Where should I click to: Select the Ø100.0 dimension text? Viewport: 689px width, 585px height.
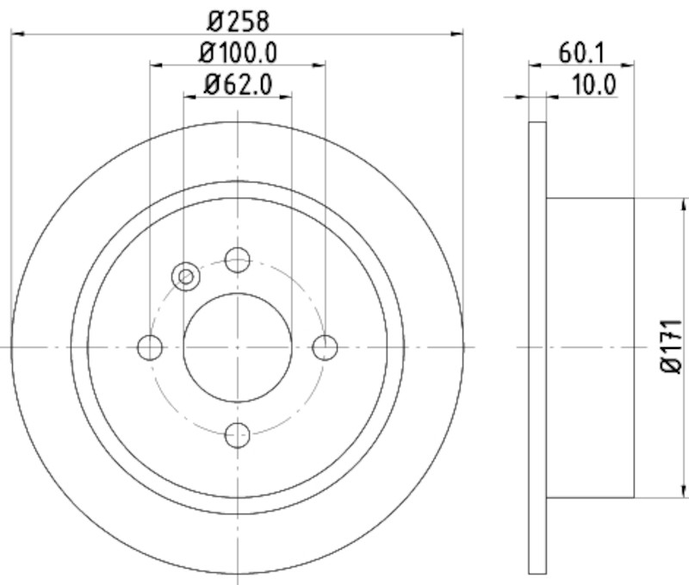[238, 53]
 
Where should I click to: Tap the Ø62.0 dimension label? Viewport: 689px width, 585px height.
[238, 84]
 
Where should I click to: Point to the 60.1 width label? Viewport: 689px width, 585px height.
[581, 53]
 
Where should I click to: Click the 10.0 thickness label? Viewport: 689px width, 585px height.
[594, 84]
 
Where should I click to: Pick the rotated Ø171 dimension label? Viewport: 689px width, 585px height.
[671, 347]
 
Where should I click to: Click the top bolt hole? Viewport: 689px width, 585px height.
[238, 259]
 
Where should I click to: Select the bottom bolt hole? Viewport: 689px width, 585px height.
[238, 435]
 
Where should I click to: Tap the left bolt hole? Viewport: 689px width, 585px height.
[150, 347]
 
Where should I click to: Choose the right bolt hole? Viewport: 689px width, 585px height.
[326, 347]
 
